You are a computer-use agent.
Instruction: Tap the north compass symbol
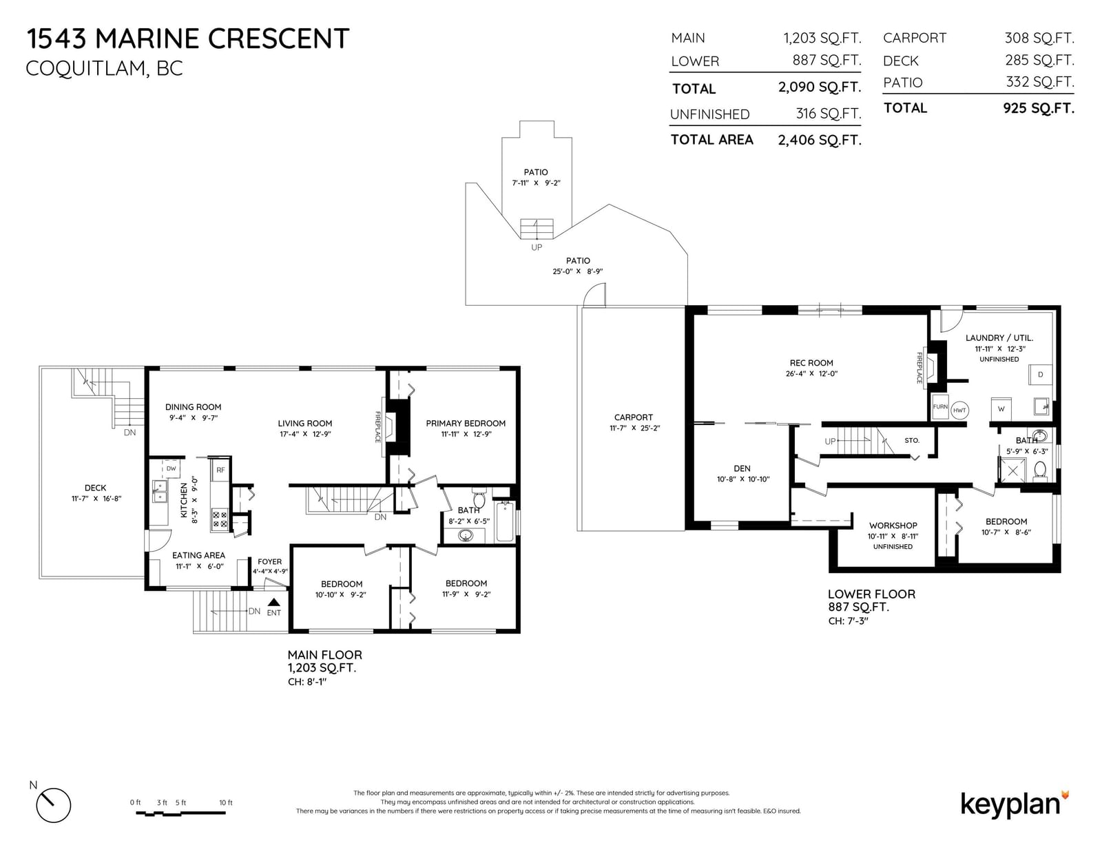(53, 805)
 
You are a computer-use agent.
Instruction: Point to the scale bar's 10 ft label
(226, 802)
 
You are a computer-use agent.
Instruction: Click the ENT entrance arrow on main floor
(274, 603)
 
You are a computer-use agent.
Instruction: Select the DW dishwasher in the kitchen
(171, 468)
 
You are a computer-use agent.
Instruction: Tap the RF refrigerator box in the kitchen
(220, 470)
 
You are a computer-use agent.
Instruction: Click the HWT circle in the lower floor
(959, 411)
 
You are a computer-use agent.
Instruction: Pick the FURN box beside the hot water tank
(940, 407)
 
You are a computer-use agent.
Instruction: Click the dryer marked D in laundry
(1040, 374)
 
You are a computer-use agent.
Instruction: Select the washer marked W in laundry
(1001, 408)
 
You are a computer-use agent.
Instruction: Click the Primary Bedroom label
(466, 424)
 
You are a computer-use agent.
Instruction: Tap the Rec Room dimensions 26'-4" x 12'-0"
(811, 374)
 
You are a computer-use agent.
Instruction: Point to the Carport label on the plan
(634, 417)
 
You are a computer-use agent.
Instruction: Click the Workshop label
(893, 526)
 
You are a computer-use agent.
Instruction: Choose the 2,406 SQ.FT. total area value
(820, 140)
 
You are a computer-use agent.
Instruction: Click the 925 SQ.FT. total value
(1039, 108)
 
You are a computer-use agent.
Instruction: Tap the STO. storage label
(912, 440)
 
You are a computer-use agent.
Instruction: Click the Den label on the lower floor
(742, 468)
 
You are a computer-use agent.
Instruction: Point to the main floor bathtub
(505, 521)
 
